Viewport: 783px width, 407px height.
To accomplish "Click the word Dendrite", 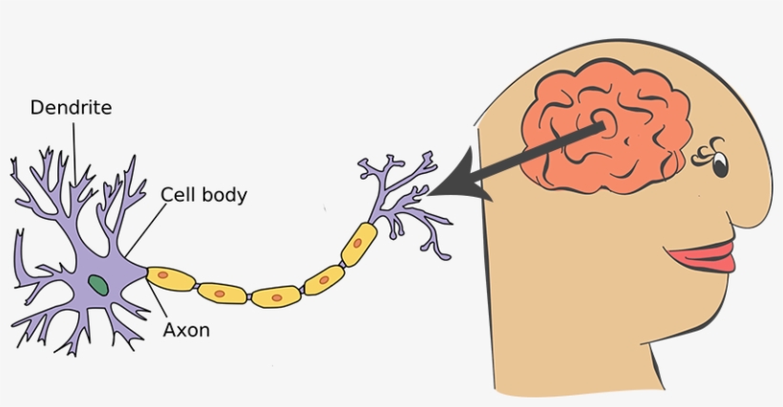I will click(x=71, y=108).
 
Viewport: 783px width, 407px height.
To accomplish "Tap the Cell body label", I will click(x=203, y=195).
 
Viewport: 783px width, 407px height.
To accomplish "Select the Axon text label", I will click(x=185, y=331).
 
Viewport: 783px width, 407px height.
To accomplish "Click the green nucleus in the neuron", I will click(x=97, y=283).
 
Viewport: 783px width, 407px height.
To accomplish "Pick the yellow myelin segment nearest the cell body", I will click(x=170, y=278).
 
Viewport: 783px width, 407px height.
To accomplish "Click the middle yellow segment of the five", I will click(x=276, y=296).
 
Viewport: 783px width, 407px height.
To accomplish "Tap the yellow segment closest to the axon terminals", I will click(x=358, y=243).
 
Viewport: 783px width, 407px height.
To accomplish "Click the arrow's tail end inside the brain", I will click(x=603, y=125).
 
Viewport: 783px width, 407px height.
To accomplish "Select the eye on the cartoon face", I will click(x=718, y=165).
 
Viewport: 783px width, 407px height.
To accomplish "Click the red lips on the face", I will click(x=703, y=257).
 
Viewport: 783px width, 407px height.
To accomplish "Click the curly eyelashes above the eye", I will click(x=709, y=147).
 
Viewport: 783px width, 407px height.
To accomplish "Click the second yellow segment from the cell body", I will click(x=222, y=291).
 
